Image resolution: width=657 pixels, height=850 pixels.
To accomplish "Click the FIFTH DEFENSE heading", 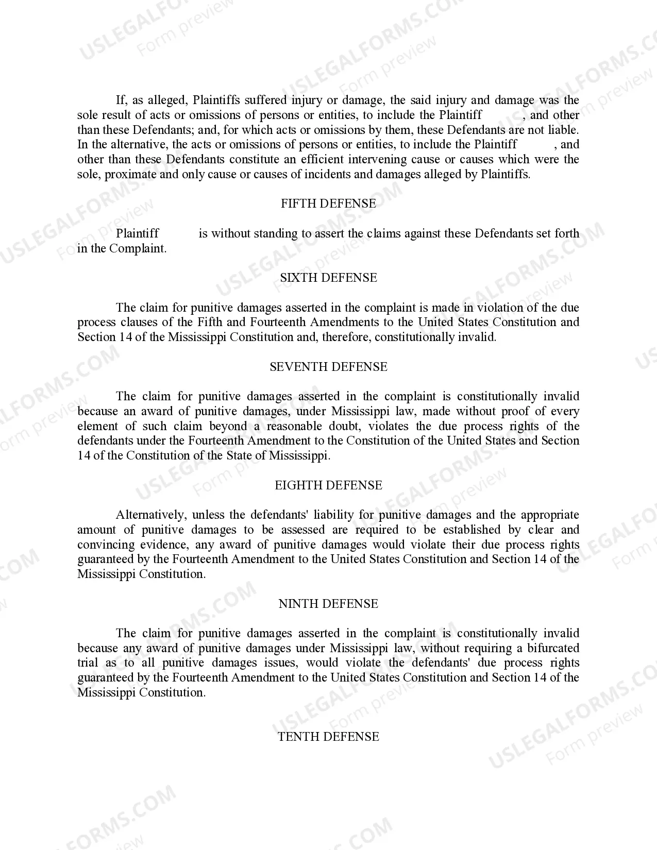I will [328, 203].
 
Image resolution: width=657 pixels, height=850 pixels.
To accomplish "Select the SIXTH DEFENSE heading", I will [328, 278].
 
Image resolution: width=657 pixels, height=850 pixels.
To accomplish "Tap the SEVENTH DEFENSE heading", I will [328, 367].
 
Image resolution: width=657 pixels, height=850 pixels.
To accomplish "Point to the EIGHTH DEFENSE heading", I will [328, 485].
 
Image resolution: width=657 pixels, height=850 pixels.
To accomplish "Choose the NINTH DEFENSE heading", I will [328, 604].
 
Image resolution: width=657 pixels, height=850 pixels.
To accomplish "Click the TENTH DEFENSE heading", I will [328, 737].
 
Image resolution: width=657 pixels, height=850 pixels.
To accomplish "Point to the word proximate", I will [131, 174].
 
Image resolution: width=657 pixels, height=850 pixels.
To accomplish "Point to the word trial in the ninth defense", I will [87, 663].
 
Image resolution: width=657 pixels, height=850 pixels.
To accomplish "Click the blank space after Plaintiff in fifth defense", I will [179, 233].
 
